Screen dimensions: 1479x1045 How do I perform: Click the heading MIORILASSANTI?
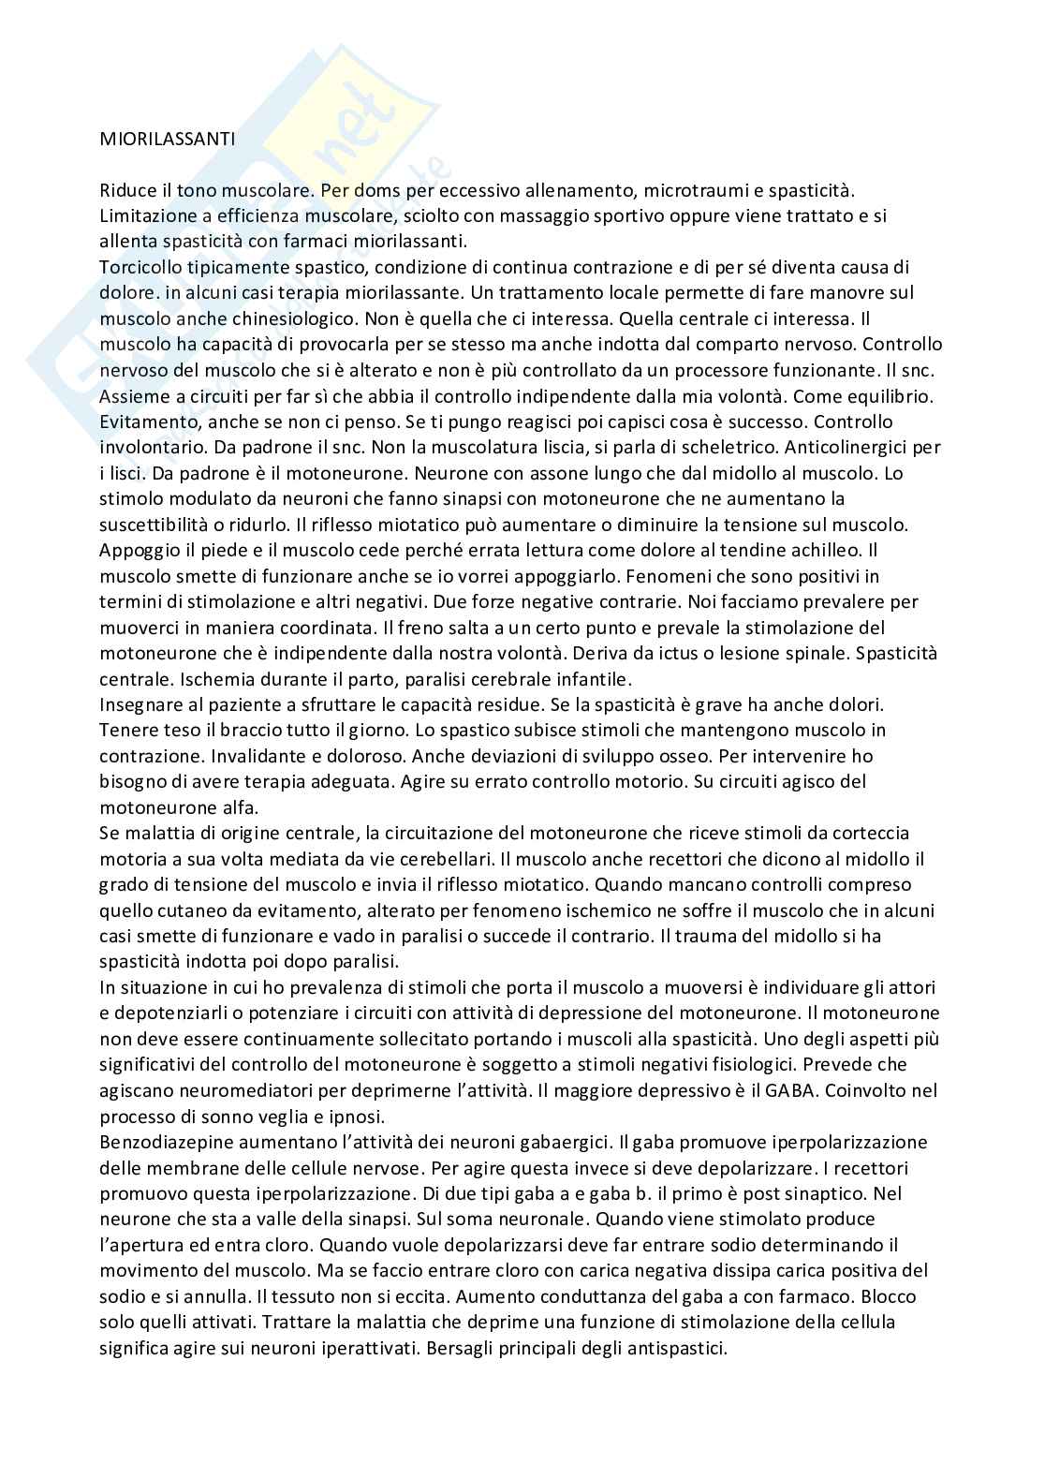(x=168, y=140)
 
